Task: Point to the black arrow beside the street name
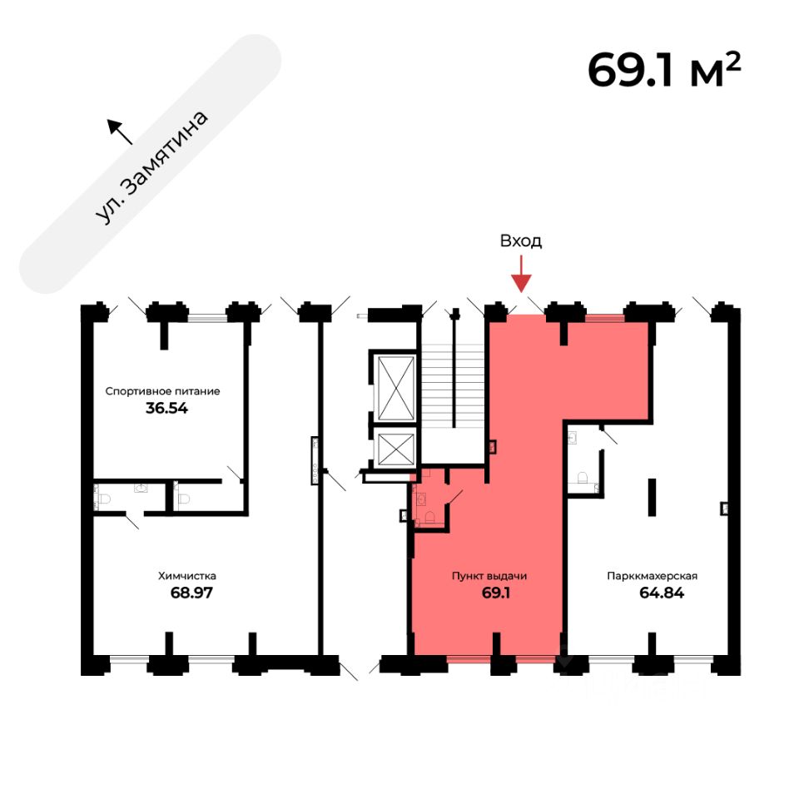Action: coord(118,130)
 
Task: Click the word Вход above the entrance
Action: coord(521,241)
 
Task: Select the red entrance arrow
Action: coord(521,275)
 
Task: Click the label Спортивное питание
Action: coord(161,390)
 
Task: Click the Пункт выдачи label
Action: coord(489,575)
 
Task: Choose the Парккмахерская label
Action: coord(652,575)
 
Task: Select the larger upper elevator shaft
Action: coord(395,388)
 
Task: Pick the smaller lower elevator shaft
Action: coord(395,449)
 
